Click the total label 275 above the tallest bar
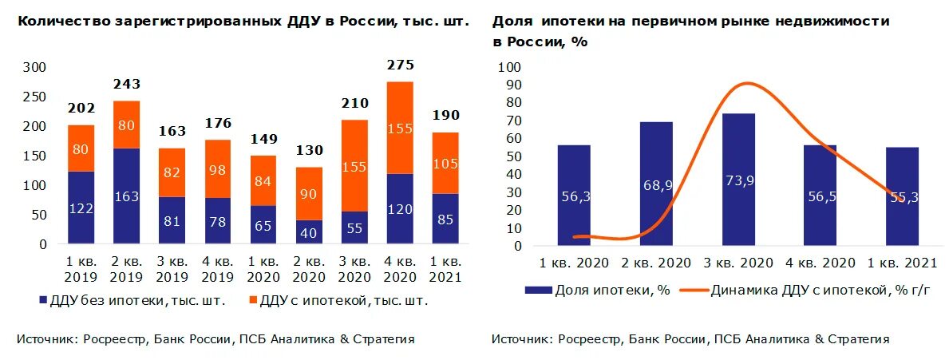coord(400,65)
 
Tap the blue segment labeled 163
coord(126,196)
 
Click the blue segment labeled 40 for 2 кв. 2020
coord(308,232)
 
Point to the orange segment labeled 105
coord(445,164)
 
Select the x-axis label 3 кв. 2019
coord(172,271)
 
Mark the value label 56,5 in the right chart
coord(820,196)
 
